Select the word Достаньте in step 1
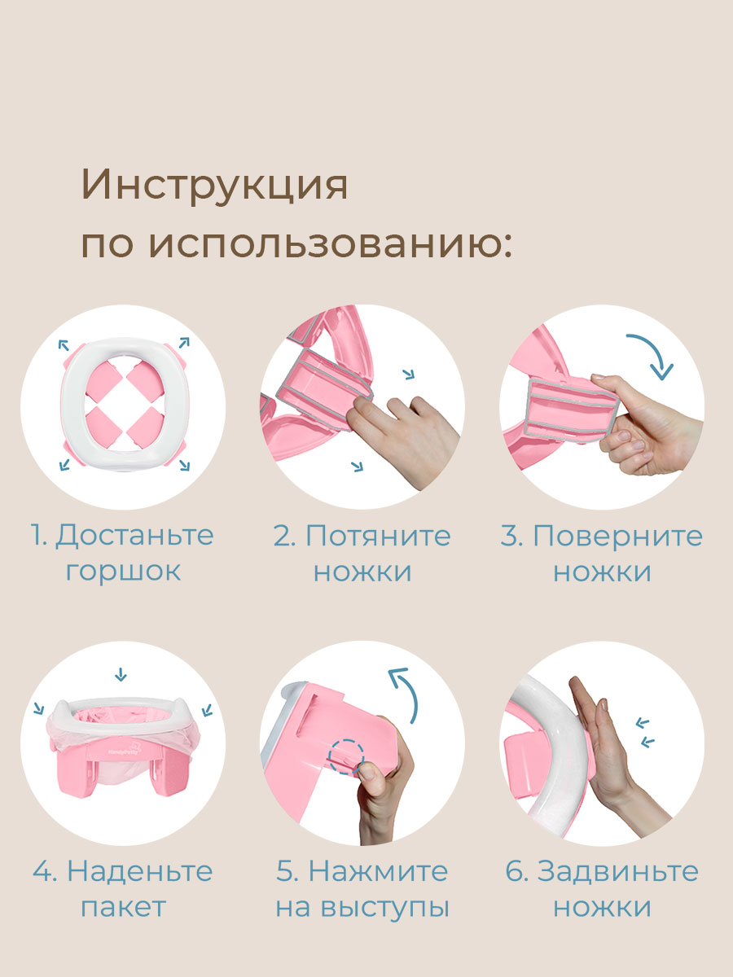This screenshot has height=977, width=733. point(134,536)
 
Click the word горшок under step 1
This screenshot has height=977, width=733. point(123,571)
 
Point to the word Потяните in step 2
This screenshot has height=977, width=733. point(378,536)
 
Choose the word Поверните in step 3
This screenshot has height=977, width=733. point(618,536)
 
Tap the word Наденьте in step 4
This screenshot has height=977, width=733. point(139,871)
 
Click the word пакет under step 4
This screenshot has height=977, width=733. point(123,906)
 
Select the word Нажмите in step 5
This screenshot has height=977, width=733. point(378,871)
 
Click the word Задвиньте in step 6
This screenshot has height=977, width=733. point(617,871)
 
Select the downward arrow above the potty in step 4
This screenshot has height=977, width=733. point(121,674)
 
